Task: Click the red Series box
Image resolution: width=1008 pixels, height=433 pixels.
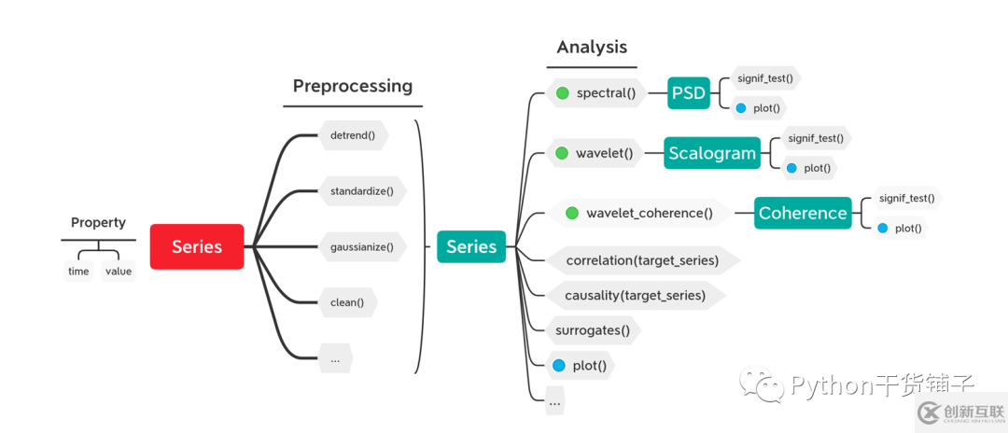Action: pos(197,246)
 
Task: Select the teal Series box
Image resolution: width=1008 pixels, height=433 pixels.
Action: pos(471,246)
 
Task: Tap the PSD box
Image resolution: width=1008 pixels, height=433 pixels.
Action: pos(689,92)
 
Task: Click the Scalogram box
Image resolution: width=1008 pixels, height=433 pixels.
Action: pos(712,153)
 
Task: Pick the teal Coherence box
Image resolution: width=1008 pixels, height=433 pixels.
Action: pos(803,213)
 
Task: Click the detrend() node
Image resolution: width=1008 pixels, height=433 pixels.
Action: pos(353,134)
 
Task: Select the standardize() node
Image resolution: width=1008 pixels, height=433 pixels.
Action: pos(362,191)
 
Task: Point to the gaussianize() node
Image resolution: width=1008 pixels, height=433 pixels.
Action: pos(362,247)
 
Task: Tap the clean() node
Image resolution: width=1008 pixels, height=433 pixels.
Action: pos(347,302)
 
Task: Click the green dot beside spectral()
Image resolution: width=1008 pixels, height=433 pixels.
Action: pos(563,92)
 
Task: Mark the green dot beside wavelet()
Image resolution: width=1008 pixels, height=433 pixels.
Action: pos(562,153)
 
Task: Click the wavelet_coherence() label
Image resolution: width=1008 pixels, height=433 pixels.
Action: pos(649,214)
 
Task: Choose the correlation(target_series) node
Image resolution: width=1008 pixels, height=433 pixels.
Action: pos(642,260)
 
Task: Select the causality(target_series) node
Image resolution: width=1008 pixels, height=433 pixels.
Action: pos(635,295)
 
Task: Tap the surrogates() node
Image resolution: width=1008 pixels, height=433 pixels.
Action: pos(593,329)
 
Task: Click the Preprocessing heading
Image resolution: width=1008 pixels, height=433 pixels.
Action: pos(353,86)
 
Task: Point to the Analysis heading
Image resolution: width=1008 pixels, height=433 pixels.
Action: pos(592,47)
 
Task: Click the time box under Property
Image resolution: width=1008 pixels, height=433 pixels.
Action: pos(78,272)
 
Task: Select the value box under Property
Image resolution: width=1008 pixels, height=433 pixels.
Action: pos(119,272)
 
